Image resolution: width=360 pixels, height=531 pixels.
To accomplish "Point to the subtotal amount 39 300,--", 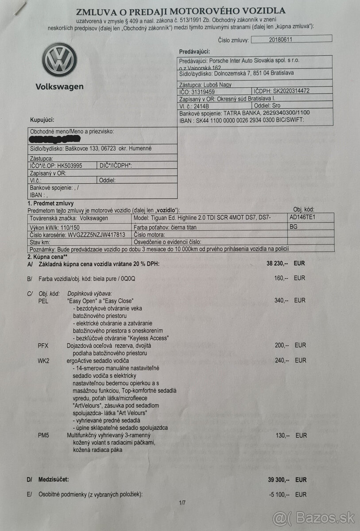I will (278, 480).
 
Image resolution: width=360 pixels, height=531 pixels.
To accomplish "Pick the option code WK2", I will (44, 361).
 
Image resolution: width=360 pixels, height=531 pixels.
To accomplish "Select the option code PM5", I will (43, 436).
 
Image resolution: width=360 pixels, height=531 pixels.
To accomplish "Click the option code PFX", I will (43, 346).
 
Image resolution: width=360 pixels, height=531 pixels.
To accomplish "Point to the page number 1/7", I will (182, 503).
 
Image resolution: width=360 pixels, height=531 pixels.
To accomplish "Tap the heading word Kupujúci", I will (42, 120).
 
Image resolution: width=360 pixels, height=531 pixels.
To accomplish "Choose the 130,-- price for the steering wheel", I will (282, 436).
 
